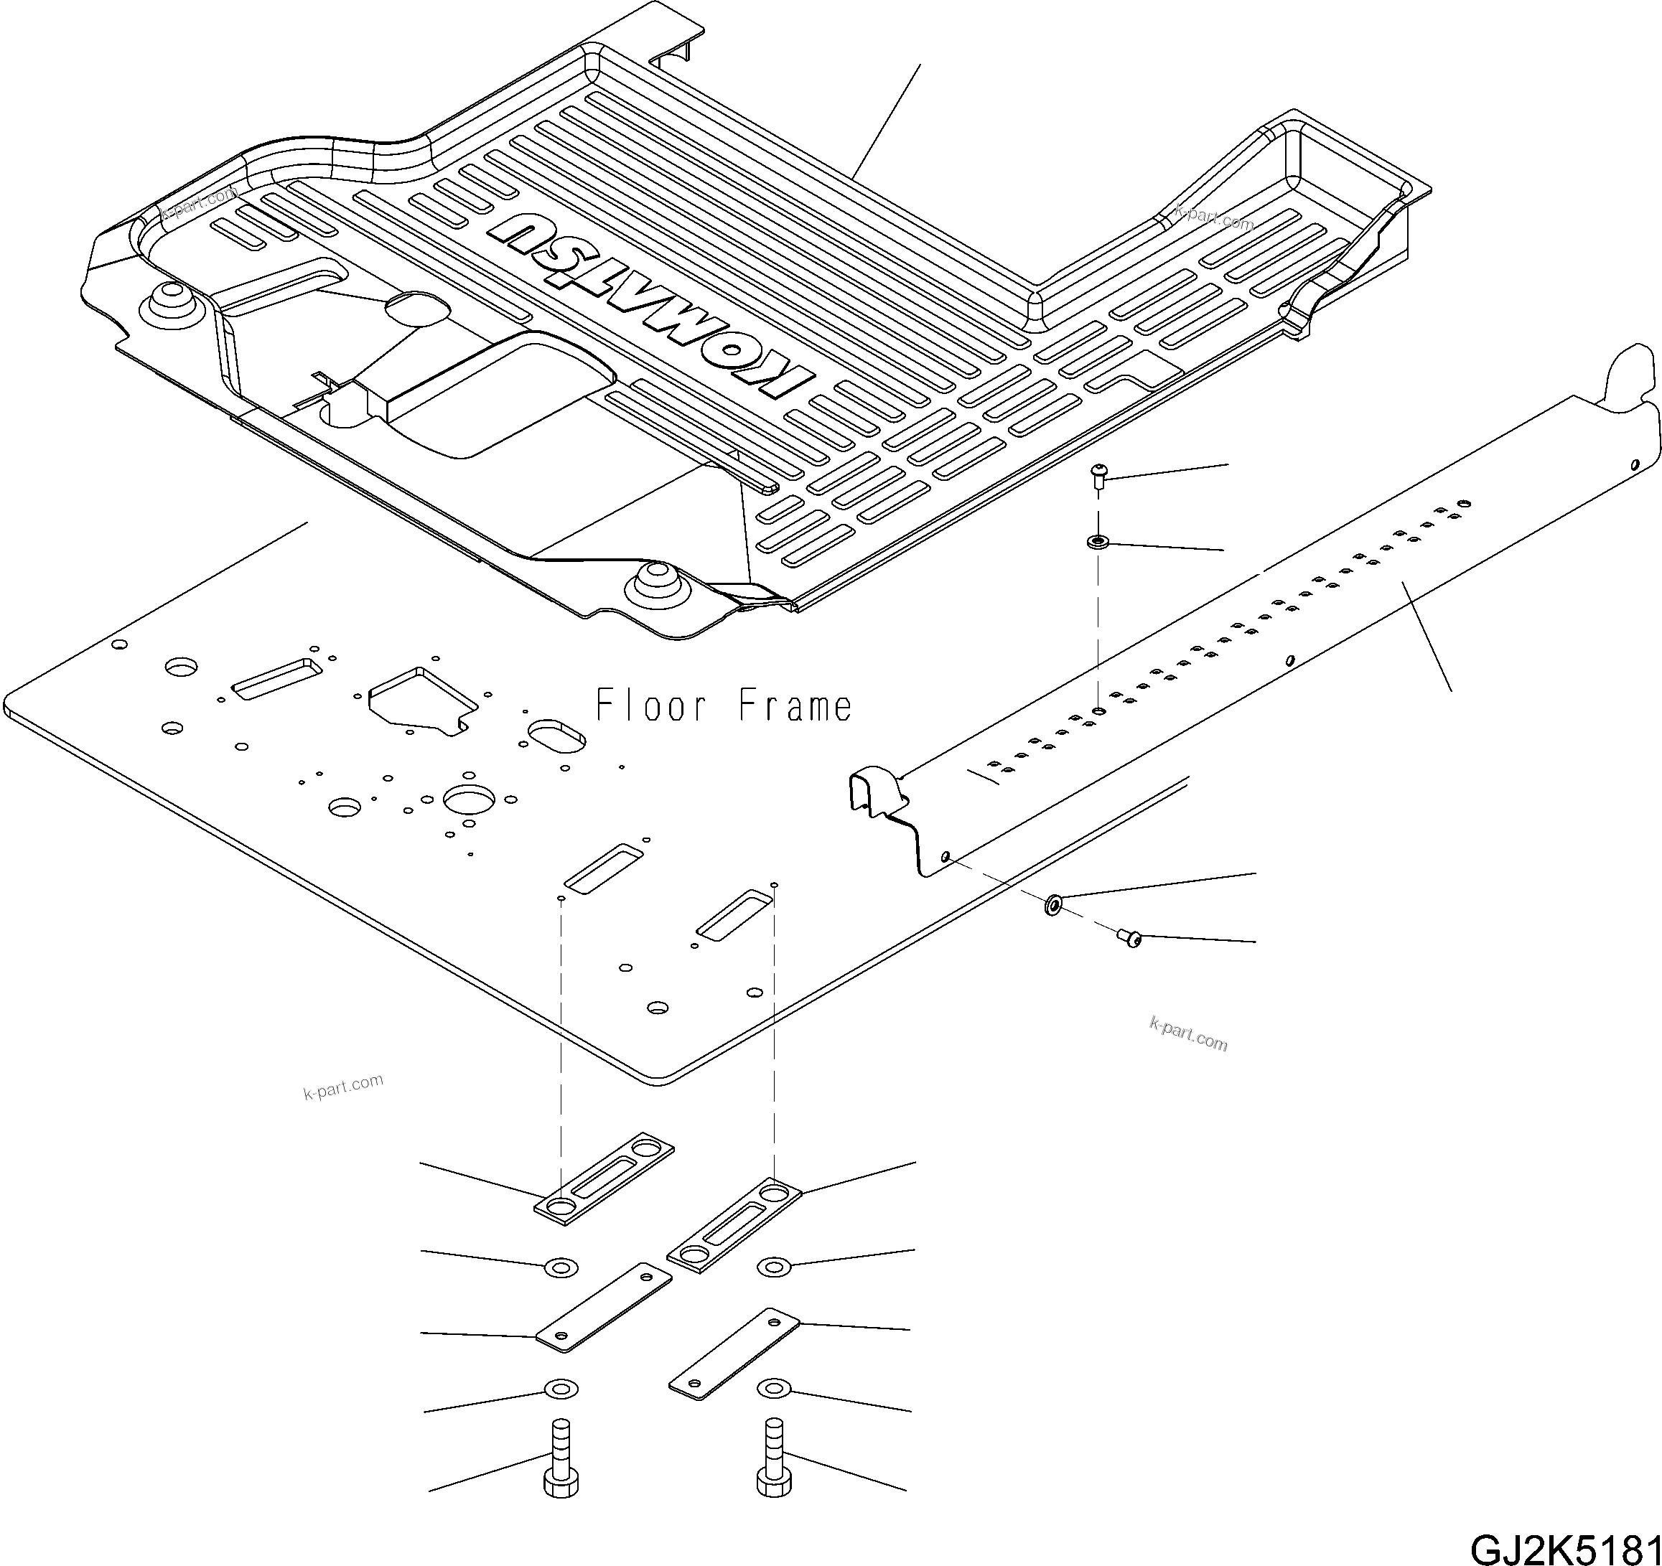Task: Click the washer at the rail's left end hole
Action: tap(1052, 904)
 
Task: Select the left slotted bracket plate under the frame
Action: tap(604, 1179)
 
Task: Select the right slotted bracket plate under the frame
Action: tap(734, 1225)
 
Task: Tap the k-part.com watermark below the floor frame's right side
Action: tap(1188, 1034)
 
